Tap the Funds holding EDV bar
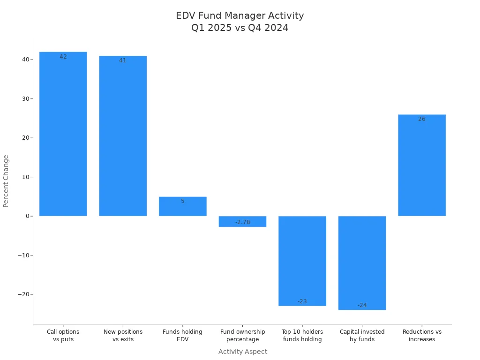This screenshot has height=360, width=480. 183,207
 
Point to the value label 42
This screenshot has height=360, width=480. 63,57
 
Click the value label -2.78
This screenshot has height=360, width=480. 243,222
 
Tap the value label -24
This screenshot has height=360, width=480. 362,305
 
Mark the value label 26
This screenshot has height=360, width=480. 422,119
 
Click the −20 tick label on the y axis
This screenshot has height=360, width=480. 22,294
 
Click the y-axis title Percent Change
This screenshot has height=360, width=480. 6,181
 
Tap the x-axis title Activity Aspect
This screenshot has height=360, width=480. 243,352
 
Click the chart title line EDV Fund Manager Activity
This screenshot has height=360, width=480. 240,15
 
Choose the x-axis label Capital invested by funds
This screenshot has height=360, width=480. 362,336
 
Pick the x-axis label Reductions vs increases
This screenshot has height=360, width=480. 422,336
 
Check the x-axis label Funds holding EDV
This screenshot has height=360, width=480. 183,336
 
